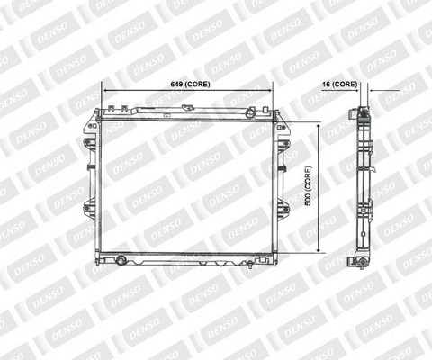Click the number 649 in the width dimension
pyautogui.click(x=176, y=85)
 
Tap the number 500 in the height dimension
pyautogui.click(x=308, y=200)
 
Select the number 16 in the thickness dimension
pyautogui.click(x=326, y=85)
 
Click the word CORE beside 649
pyautogui.click(x=197, y=85)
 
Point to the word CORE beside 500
pyautogui.click(x=309, y=179)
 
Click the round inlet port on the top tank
pyautogui.click(x=249, y=113)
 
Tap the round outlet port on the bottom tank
pyautogui.click(x=121, y=260)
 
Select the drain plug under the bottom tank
pyautogui.click(x=250, y=265)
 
